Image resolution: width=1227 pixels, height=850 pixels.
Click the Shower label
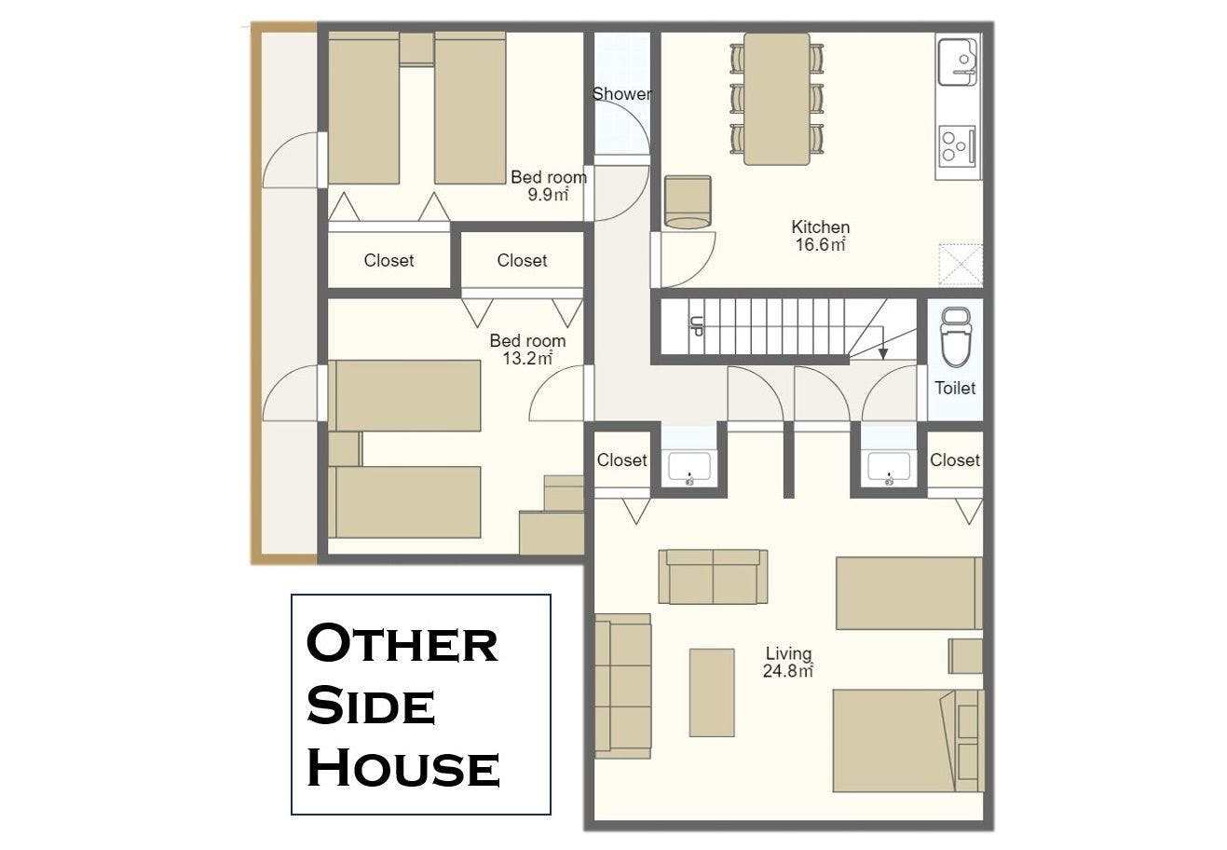coord(621,94)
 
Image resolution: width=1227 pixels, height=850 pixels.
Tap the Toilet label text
coord(955,388)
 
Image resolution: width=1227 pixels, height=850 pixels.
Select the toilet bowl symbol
coord(956,336)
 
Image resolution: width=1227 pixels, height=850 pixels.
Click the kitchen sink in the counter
coord(958,62)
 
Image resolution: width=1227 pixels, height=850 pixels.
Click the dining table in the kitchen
coord(777,99)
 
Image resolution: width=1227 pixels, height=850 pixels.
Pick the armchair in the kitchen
coord(688,201)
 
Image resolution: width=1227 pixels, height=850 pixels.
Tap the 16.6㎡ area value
coord(820,244)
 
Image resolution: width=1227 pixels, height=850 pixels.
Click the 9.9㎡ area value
coord(548,195)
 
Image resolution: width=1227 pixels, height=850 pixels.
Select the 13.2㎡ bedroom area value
coord(527,359)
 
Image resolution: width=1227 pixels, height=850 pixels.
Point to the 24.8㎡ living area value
coord(788,671)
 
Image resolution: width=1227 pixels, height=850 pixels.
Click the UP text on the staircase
coord(696,326)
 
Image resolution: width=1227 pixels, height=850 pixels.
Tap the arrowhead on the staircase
coord(882,353)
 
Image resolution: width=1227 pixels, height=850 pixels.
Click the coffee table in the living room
coord(712,692)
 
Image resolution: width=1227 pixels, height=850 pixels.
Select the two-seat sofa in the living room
coord(713,577)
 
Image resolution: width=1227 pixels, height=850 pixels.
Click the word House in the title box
coord(403,767)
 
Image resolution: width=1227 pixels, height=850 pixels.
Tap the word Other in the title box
coord(402,643)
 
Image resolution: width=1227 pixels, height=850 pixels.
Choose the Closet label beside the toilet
coord(955,459)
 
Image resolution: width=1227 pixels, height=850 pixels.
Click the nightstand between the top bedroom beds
coord(416,48)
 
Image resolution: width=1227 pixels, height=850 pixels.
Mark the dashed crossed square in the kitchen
coord(961,266)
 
